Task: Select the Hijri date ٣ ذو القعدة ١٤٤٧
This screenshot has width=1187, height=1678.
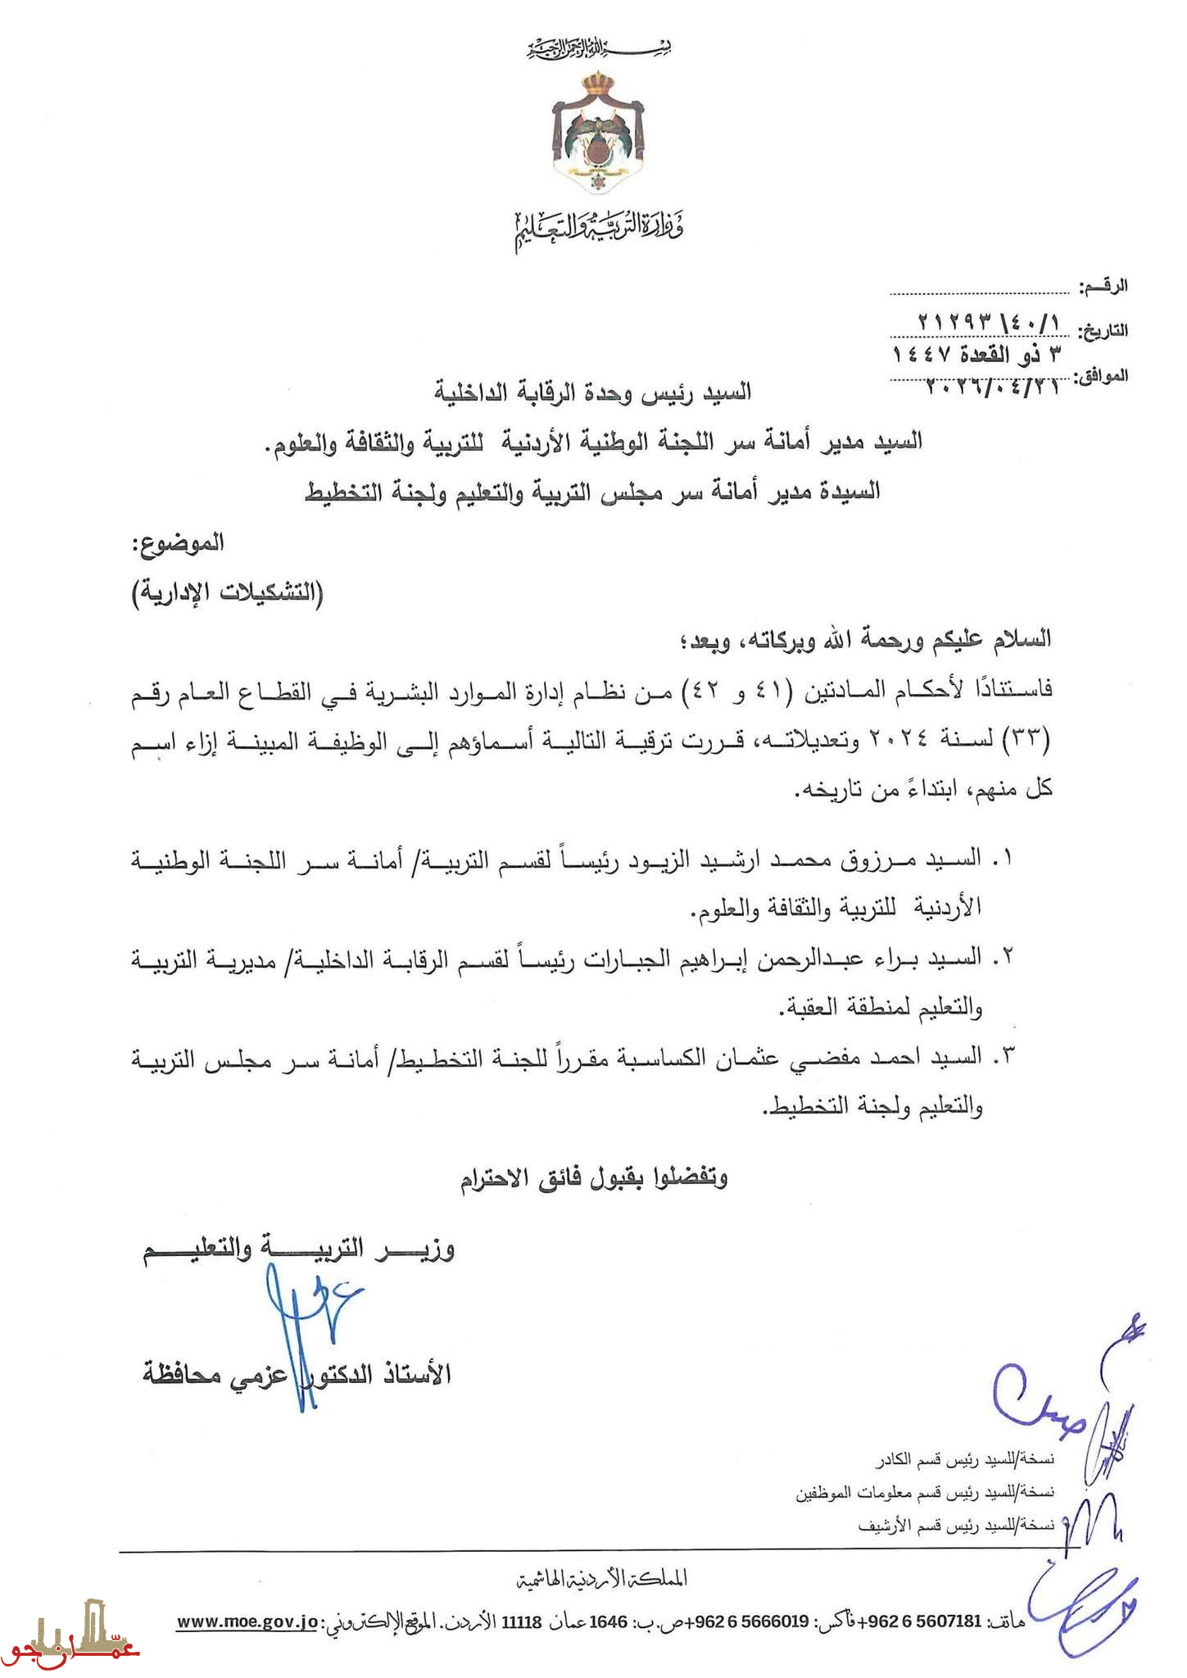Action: point(980,354)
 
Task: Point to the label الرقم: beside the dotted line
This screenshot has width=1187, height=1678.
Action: point(1103,287)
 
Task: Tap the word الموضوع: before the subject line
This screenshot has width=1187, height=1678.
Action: point(179,542)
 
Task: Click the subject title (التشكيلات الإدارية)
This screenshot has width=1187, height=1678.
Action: point(229,592)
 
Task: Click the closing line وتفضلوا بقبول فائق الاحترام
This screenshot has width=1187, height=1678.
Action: point(593,1178)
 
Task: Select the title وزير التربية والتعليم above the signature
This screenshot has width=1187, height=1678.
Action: point(299,1251)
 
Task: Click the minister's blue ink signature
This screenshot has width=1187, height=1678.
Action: point(307,1319)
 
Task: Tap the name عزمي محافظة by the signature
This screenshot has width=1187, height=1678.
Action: point(217,1373)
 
